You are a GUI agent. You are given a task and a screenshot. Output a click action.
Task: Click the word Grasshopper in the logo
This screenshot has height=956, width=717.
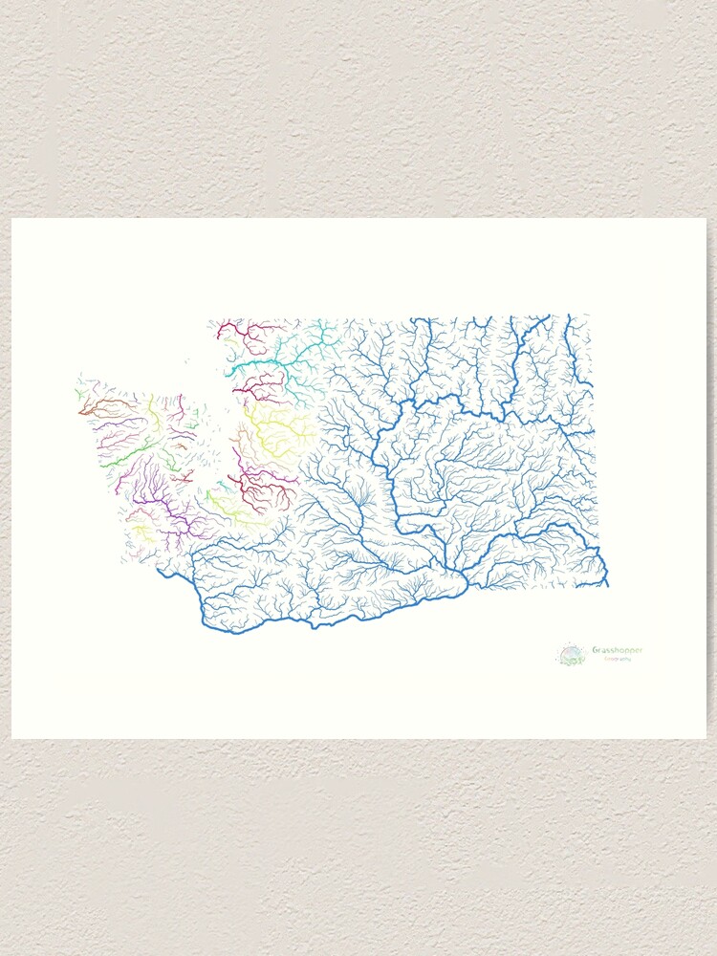(617, 650)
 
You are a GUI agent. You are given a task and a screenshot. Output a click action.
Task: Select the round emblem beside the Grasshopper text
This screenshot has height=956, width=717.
(572, 655)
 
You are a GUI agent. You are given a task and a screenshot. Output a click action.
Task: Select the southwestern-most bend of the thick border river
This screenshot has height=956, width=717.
(206, 623)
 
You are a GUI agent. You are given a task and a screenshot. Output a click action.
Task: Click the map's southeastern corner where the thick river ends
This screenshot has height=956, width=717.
(607, 584)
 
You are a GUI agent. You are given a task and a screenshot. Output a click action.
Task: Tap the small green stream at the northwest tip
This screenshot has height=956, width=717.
(78, 393)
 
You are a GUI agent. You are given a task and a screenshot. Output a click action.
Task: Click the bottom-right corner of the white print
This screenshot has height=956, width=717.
(706, 737)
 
